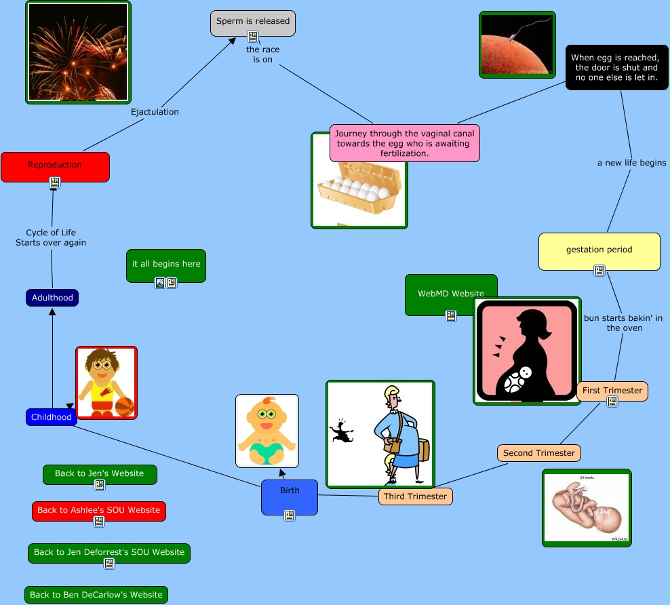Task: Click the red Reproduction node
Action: pos(55,165)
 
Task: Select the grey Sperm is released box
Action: pos(252,22)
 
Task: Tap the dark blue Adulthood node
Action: pos(52,298)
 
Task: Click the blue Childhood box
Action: pos(51,417)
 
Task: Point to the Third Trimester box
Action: pos(415,496)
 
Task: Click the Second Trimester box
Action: pos(538,453)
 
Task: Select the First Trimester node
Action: pos(612,391)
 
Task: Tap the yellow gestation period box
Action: pos(599,250)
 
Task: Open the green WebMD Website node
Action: pos(450,294)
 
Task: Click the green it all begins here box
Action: pos(166,264)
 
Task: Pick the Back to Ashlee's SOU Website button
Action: pos(98,510)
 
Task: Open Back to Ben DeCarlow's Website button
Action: pos(96,595)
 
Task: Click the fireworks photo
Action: pos(78,52)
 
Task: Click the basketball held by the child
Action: pos(124,406)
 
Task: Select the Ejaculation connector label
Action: pos(155,112)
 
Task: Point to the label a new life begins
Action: pos(631,163)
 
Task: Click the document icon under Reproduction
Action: pos(55,182)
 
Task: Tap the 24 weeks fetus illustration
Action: pos(587,507)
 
